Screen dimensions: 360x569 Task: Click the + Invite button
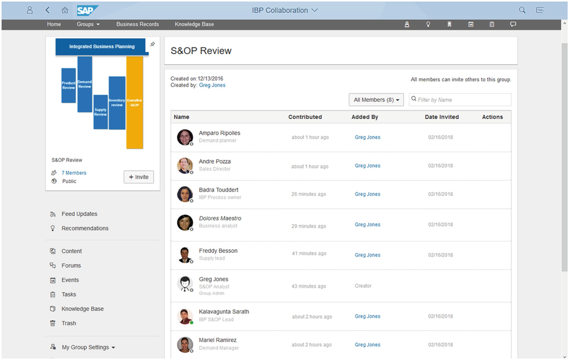pos(139,177)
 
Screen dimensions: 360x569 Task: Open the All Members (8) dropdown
pos(376,100)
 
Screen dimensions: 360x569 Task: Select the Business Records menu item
pos(137,24)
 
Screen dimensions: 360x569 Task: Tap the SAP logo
pos(87,10)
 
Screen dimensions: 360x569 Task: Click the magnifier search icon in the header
pos(522,10)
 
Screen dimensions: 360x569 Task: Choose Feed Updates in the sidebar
pos(79,214)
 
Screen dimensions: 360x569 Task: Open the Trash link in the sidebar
pos(69,323)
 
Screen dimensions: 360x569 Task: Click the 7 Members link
pos(74,173)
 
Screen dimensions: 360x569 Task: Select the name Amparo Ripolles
pos(219,133)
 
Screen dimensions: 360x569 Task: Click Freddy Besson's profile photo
pos(185,255)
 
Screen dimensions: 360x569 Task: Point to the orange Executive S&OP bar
pos(135,103)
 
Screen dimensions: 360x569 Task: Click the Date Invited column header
pos(441,117)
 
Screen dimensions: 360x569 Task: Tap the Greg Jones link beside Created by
pos(212,85)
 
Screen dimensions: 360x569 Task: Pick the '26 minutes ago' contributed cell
pos(309,194)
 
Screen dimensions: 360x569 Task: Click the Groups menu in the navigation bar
pos(88,24)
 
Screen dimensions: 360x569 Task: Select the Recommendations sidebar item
pos(85,228)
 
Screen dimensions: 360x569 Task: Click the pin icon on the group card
pos(152,44)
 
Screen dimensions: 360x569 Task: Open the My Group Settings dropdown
pos(88,347)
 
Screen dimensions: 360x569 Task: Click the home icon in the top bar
pos(65,10)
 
